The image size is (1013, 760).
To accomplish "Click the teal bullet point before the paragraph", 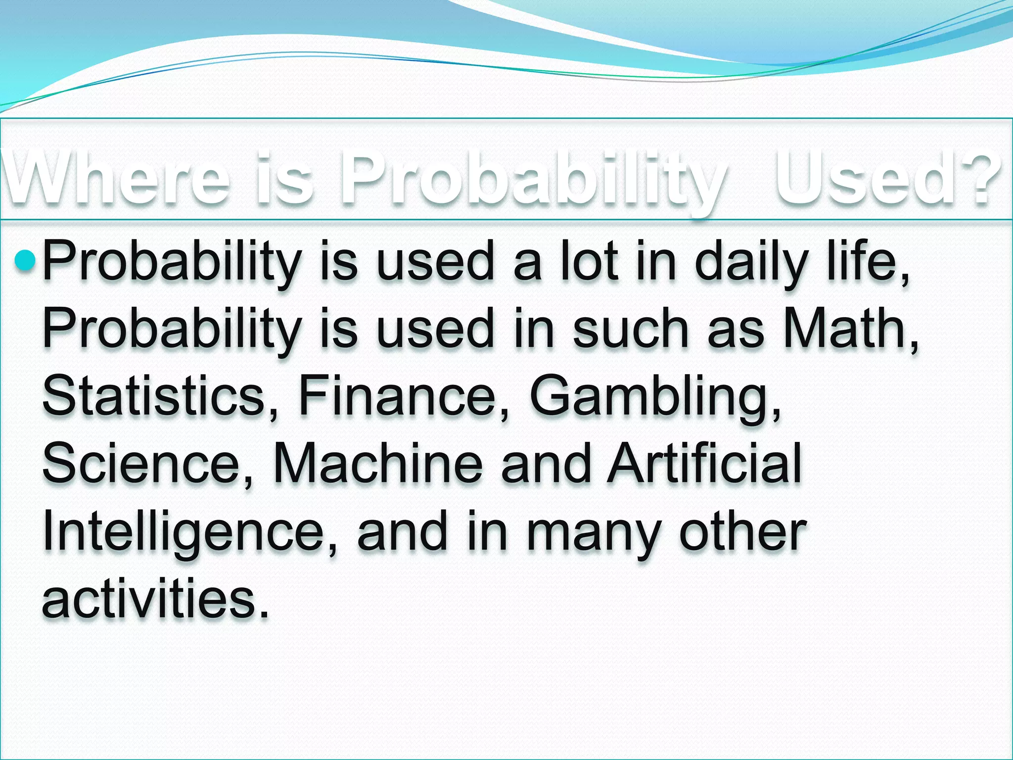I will pyautogui.click(x=25, y=260).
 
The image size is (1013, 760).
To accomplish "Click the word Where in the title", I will pyautogui.click(x=116, y=179).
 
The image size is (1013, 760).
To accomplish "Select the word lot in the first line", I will pyautogui.click(x=589, y=260).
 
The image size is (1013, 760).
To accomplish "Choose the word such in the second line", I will pyautogui.click(x=631, y=328).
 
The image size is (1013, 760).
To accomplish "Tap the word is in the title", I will pyautogui.click(x=284, y=179).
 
